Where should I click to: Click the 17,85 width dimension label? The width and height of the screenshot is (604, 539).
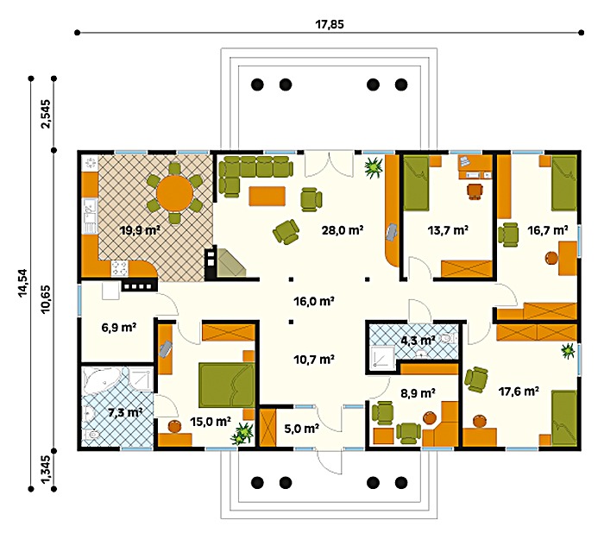[330, 24]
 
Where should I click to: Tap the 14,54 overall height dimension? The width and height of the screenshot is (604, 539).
[23, 283]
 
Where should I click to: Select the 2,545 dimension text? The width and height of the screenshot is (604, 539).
[46, 114]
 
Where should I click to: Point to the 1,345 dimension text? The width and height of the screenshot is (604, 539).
[45, 469]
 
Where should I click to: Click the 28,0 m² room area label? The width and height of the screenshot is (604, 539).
[343, 230]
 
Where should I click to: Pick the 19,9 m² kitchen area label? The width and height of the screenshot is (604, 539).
[140, 230]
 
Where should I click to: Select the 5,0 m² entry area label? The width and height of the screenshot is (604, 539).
[302, 429]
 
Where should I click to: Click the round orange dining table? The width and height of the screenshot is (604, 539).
[174, 191]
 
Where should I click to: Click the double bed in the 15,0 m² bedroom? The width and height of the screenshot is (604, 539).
[226, 385]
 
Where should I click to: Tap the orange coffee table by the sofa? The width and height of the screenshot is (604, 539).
[267, 196]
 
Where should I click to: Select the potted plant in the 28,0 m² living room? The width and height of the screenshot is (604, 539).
[374, 166]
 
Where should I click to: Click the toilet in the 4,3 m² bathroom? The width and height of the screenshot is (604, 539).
[447, 338]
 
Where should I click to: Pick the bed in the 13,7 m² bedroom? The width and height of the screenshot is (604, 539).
[416, 183]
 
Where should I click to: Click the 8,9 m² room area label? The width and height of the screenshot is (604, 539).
[418, 393]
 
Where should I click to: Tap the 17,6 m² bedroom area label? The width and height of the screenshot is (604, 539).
[519, 392]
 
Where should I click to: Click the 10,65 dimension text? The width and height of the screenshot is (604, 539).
[46, 299]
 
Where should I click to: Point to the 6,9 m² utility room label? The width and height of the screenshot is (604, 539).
[119, 328]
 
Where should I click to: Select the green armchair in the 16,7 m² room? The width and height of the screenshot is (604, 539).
[508, 234]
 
